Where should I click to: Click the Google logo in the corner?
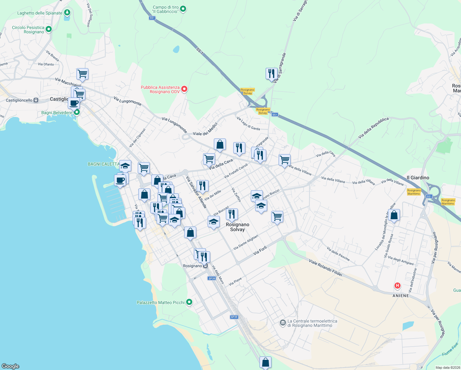10,366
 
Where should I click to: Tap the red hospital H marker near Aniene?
397,286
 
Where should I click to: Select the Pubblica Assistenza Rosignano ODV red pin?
184,89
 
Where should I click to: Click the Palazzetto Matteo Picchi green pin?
189,302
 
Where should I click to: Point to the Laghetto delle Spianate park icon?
67,13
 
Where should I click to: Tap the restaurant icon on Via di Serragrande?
271,74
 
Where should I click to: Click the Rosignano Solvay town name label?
237,227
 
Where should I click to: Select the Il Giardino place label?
418,178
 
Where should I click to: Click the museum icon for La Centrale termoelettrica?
283,323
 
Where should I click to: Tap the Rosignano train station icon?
206,266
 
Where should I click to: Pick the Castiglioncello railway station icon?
36,100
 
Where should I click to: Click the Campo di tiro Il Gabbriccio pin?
183,9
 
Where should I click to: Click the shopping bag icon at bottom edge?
265,362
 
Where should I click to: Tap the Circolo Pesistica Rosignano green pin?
48,29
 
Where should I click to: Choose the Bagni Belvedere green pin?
77,113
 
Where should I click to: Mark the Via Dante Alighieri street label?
246,242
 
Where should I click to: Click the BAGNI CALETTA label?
103,164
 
